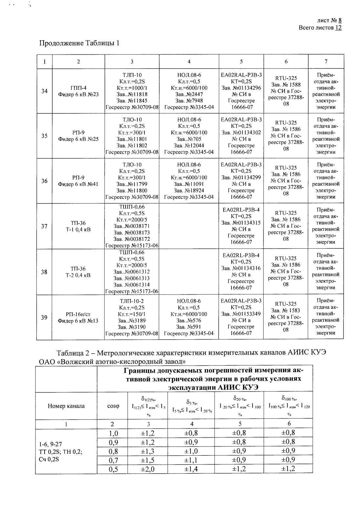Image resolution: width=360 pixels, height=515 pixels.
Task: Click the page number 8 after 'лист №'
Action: pyautogui.click(x=340, y=21)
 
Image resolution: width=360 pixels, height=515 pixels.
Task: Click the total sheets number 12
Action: pyautogui.click(x=338, y=28)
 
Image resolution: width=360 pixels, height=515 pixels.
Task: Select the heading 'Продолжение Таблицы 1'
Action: pyautogui.click(x=79, y=43)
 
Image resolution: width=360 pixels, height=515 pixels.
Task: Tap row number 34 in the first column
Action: pyautogui.click(x=44, y=91)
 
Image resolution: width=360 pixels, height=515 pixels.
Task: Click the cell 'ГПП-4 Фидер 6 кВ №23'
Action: pyautogui.click(x=78, y=91)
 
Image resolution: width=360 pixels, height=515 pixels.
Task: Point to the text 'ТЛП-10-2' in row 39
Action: pyautogui.click(x=132, y=301)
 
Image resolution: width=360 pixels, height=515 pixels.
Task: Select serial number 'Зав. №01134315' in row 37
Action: pyautogui.click(x=241, y=223)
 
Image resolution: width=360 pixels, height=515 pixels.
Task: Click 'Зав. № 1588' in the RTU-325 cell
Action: pyautogui.click(x=286, y=85)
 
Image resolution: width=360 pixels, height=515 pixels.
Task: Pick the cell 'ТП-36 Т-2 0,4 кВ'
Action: pyautogui.click(x=78, y=272)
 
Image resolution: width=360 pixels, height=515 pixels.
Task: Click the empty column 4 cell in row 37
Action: pyautogui.click(x=189, y=226)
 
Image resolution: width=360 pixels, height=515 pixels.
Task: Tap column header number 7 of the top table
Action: pyautogui.click(x=326, y=61)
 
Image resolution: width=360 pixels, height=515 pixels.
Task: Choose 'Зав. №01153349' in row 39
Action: pyautogui.click(x=241, y=314)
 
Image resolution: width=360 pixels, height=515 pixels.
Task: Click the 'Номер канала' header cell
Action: pyautogui.click(x=66, y=406)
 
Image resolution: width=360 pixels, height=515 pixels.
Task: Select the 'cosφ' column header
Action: pyautogui.click(x=113, y=406)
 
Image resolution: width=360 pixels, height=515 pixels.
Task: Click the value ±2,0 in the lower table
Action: pyautogui.click(x=148, y=469)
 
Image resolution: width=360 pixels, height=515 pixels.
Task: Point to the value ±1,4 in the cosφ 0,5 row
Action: pyautogui.click(x=191, y=469)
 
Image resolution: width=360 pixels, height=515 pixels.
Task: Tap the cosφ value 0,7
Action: pyautogui.click(x=113, y=460)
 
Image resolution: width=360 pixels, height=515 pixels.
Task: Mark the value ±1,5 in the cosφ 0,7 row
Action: pyautogui.click(x=148, y=460)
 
